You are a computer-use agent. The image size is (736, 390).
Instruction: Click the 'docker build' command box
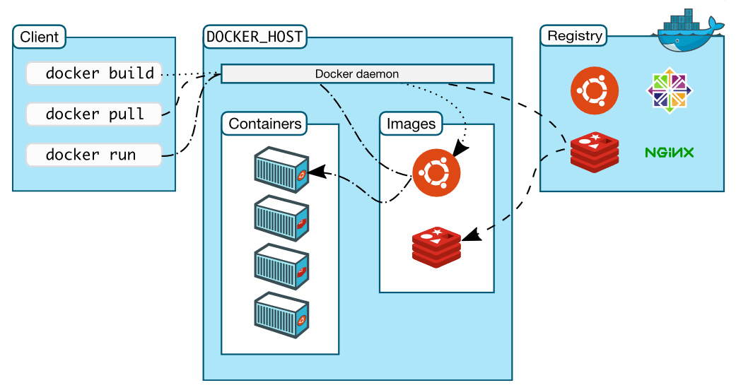93,73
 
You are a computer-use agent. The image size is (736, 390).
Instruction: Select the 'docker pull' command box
93,114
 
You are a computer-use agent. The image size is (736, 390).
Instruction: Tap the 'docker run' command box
93,155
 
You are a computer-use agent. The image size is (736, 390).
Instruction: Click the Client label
40,37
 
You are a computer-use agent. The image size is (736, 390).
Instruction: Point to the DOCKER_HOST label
255,37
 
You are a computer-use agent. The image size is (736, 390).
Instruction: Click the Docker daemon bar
357,73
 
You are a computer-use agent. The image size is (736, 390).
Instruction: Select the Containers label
264,124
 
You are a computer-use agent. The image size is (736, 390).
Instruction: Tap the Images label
411,124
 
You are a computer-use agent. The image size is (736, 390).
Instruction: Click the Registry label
575,35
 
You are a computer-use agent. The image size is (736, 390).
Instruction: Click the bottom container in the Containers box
281,315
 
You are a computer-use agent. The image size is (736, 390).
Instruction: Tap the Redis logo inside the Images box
436,247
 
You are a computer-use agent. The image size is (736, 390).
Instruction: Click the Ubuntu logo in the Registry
595,90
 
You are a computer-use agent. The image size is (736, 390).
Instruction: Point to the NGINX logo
669,152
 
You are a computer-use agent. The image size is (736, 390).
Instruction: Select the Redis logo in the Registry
595,152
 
